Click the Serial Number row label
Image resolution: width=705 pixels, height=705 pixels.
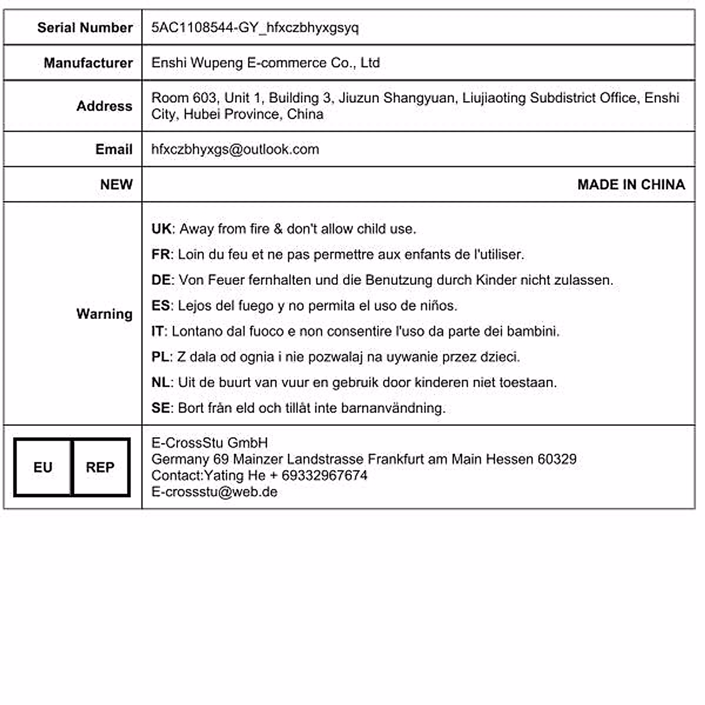click(85, 28)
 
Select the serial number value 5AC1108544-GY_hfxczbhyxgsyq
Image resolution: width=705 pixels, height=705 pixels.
click(254, 28)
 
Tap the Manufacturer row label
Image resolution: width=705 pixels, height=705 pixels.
click(88, 63)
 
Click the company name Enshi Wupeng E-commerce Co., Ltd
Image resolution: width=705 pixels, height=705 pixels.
click(265, 63)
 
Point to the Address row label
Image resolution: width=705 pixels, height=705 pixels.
click(104, 106)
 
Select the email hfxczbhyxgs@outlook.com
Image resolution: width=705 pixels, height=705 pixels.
click(235, 149)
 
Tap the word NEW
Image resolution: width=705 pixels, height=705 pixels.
click(116, 184)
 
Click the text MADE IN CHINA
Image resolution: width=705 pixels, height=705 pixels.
click(631, 184)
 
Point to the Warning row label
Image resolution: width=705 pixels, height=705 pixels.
click(104, 314)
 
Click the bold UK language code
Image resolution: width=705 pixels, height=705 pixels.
click(161, 229)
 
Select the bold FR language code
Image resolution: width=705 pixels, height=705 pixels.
click(161, 254)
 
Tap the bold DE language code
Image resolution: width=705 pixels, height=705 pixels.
click(161, 280)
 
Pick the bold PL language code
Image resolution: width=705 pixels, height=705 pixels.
click(160, 357)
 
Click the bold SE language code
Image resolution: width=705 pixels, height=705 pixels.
click(161, 408)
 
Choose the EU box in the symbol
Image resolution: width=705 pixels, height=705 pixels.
click(43, 468)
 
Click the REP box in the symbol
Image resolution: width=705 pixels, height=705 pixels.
click(100, 468)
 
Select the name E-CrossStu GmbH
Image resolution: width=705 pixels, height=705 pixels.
click(209, 443)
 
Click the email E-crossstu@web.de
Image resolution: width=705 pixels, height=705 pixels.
click(214, 492)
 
